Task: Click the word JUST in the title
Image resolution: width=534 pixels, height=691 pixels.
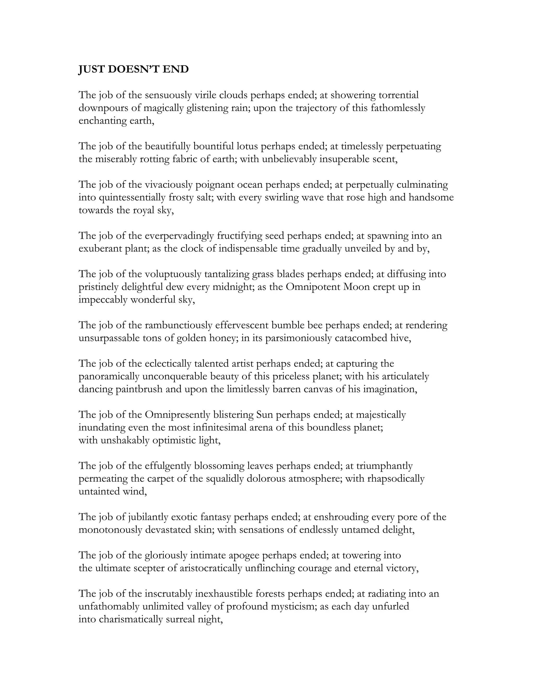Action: (90, 69)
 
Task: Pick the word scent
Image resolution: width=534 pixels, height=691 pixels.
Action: (384, 159)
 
